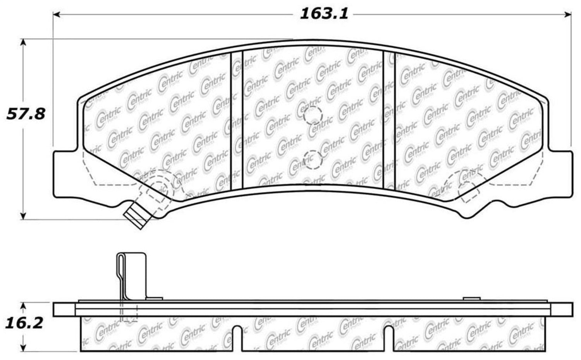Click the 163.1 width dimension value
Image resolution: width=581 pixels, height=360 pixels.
(324, 14)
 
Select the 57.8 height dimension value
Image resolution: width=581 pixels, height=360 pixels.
(26, 114)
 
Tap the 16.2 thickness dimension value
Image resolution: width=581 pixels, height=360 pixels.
(24, 324)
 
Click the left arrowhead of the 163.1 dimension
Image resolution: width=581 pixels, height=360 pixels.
(57, 14)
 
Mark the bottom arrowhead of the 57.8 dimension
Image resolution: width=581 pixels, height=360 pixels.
(23, 216)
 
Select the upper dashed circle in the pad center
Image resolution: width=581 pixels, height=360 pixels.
(313, 115)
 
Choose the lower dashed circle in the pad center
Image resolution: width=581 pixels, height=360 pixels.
(313, 160)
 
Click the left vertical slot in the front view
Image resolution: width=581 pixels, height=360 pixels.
(237, 121)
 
